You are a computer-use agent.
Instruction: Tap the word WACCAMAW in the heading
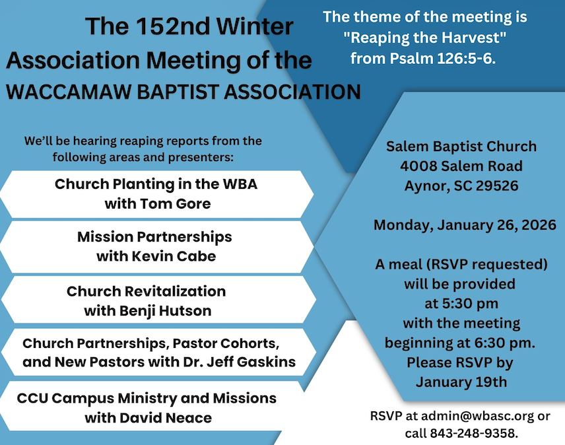(x=69, y=92)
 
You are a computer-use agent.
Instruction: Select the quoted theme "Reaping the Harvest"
(x=425, y=38)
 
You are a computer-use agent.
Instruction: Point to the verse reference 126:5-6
(x=466, y=58)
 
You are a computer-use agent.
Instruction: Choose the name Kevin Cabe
(x=174, y=256)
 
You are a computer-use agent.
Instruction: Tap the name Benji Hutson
(x=166, y=311)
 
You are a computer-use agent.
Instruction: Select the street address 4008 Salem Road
(x=461, y=166)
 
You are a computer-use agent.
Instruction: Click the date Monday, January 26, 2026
(x=465, y=225)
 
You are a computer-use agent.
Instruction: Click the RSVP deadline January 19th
(x=461, y=382)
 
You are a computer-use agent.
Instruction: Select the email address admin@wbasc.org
(x=477, y=416)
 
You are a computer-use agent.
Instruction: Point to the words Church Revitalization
(x=147, y=291)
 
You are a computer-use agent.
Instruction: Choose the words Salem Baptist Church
(x=461, y=147)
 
